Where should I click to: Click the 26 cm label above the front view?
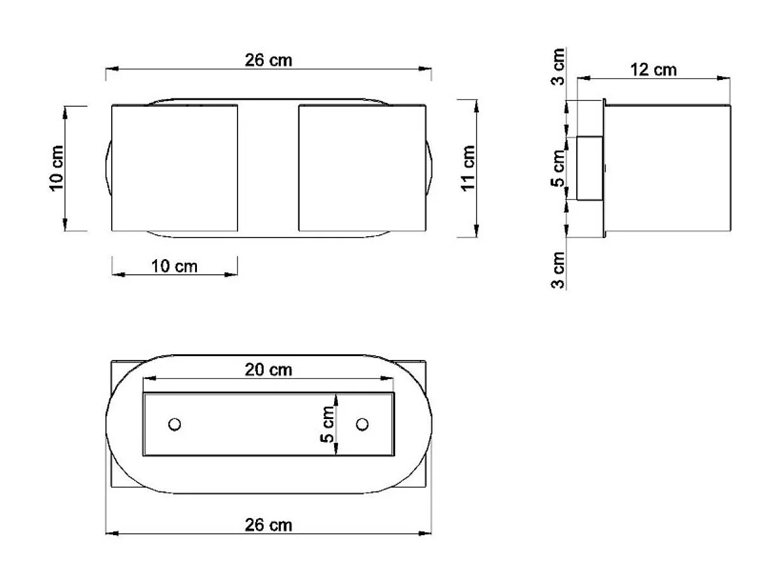click(x=268, y=60)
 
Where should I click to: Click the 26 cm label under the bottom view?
click(x=268, y=525)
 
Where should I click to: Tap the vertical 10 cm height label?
click(x=57, y=169)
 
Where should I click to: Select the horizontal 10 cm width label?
click(x=174, y=266)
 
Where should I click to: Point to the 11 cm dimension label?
click(x=468, y=168)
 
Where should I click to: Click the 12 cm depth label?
click(x=653, y=69)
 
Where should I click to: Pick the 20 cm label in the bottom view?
click(x=268, y=370)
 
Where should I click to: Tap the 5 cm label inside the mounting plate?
click(x=327, y=424)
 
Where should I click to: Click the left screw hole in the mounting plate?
click(x=174, y=424)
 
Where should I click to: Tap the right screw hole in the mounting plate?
click(x=363, y=424)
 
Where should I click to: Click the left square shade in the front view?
click(x=174, y=168)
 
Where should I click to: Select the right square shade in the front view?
click(x=361, y=168)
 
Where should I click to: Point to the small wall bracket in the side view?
click(x=589, y=168)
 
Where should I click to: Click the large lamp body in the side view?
click(x=667, y=168)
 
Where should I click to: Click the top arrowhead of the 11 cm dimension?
click(x=476, y=103)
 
